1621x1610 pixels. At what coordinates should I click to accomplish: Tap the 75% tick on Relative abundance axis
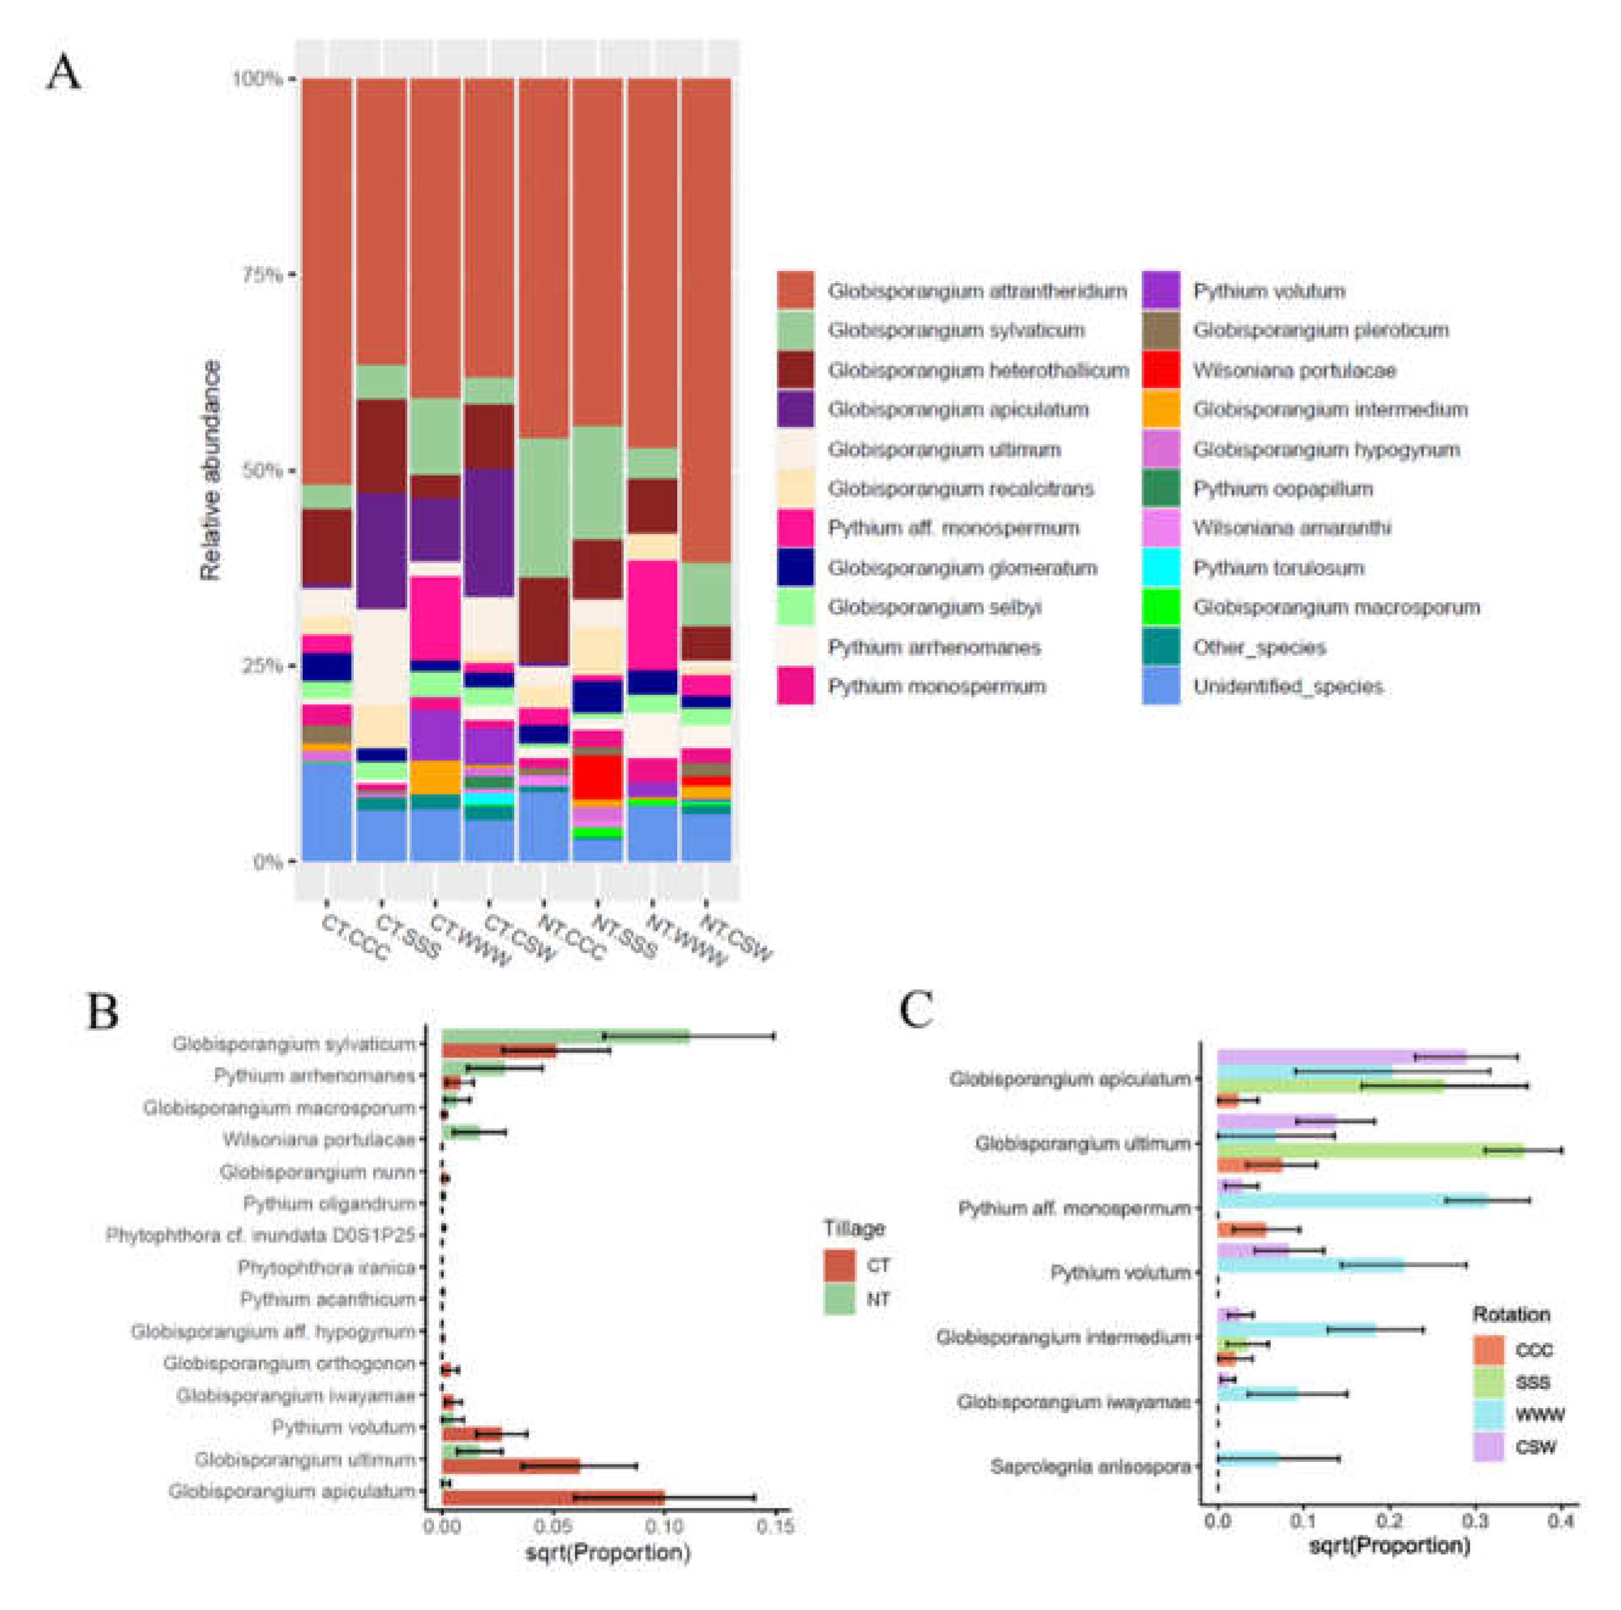point(263,274)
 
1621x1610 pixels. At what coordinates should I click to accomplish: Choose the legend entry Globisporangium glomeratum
point(962,568)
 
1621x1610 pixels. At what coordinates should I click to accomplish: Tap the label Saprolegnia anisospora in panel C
point(1090,1467)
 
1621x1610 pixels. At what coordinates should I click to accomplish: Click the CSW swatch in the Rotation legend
point(1488,1447)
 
